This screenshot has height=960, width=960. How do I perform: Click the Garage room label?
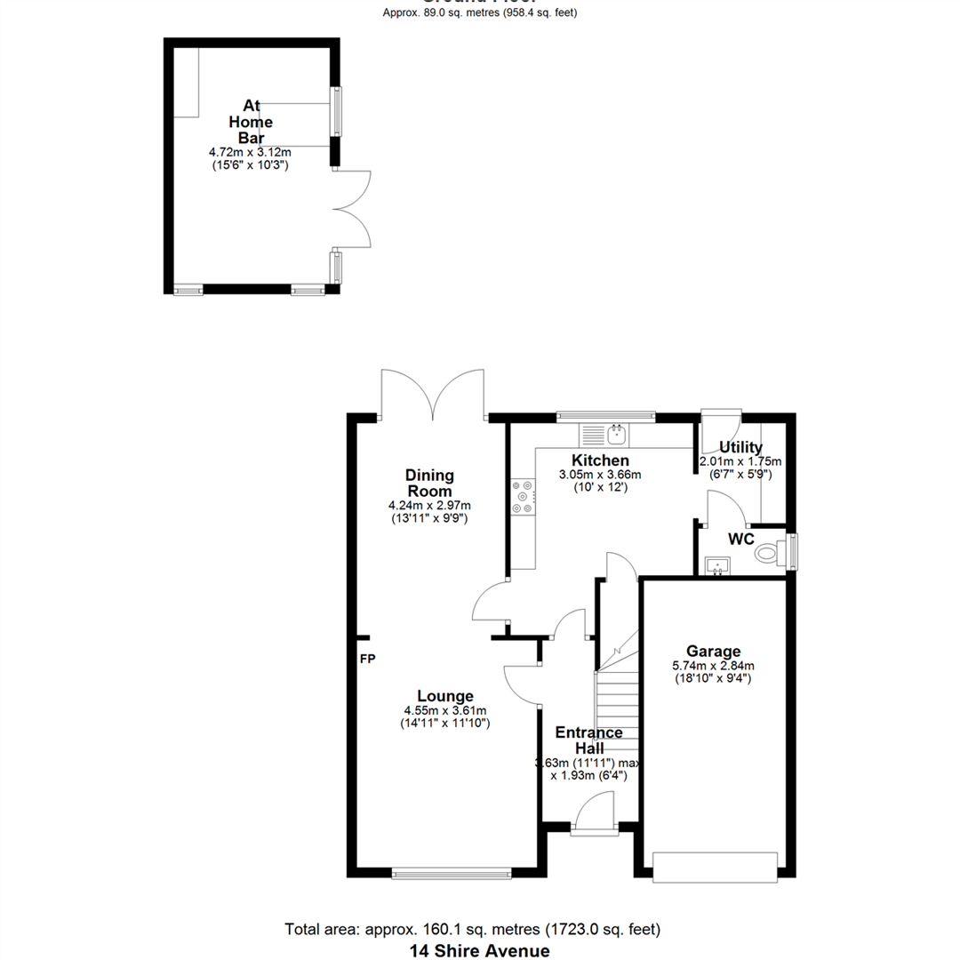[713, 651]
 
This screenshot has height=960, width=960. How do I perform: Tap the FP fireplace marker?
[367, 660]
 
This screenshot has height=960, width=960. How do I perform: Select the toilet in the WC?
[768, 555]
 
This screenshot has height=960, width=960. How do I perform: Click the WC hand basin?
[716, 565]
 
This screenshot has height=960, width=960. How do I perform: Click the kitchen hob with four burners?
[523, 497]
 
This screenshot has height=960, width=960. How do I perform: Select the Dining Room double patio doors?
[433, 396]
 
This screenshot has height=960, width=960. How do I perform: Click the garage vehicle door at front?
[716, 867]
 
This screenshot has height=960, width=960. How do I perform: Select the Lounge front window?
[452, 874]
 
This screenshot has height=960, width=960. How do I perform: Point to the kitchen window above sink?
[605, 415]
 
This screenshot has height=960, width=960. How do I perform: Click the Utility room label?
[740, 447]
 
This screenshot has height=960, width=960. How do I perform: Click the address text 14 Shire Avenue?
[479, 950]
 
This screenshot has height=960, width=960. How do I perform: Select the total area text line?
[473, 930]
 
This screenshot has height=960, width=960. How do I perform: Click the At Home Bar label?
[251, 122]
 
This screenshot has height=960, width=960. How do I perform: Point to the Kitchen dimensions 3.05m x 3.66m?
[600, 475]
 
